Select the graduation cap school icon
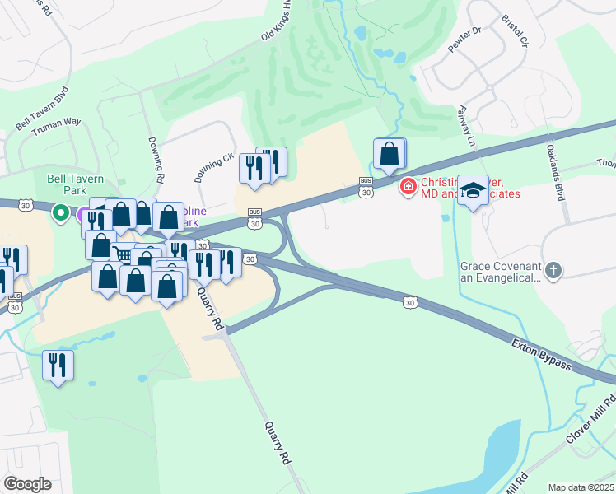pos(473,191)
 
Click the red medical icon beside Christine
pos(407,188)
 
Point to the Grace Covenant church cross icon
pos(554,269)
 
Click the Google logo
pos(28,483)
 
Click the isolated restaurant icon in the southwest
pos(58,365)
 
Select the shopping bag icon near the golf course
pos(390,153)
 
